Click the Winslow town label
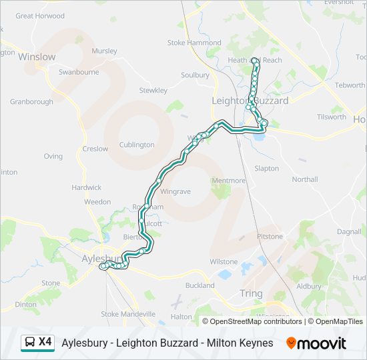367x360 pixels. (37, 57)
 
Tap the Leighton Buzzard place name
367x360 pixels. (250, 101)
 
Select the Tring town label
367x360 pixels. (251, 293)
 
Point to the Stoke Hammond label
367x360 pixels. (194, 43)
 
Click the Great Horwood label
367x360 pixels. (39, 15)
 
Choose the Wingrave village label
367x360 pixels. (175, 191)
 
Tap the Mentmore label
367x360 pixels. (228, 181)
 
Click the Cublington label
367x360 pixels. (136, 145)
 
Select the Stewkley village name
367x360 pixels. (153, 90)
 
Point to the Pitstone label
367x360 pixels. (270, 236)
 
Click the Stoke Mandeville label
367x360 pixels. (128, 313)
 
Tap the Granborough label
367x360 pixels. (31, 102)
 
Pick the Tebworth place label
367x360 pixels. (349, 85)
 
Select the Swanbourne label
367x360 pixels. (79, 72)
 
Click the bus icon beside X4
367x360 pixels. (29, 343)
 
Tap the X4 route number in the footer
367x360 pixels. (45, 342)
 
